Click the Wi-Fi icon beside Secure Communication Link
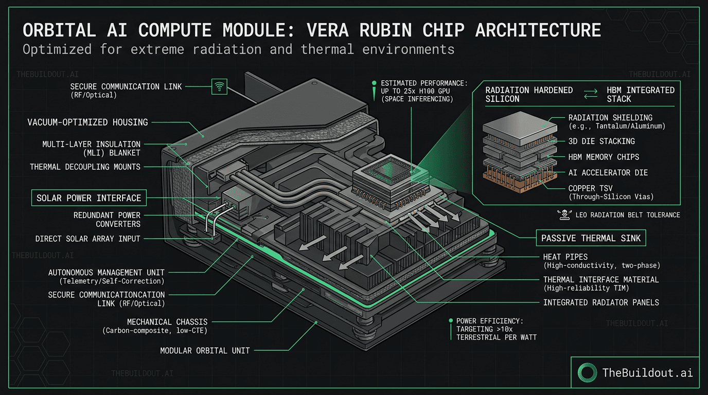(220, 86)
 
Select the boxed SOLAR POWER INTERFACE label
(89, 198)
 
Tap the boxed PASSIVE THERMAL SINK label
(591, 238)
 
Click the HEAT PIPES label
(565, 257)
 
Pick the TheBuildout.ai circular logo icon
(587, 372)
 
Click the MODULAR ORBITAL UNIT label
(205, 350)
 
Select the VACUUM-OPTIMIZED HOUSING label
(87, 122)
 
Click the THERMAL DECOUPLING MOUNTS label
(85, 167)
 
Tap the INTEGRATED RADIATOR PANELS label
(601, 302)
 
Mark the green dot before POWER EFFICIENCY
(451, 321)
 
